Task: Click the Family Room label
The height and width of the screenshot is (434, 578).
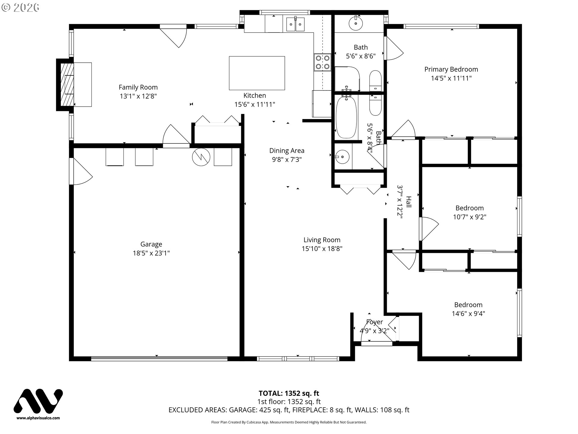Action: tap(138, 87)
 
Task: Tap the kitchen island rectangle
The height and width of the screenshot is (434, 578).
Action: tap(257, 73)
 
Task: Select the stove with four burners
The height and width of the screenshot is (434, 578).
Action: tap(323, 62)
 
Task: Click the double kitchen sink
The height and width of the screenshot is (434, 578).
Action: tap(296, 24)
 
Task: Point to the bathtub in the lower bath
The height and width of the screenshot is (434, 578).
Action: tap(346, 117)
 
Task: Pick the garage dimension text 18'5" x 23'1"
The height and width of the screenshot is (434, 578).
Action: tap(151, 253)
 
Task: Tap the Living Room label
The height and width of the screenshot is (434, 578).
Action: tap(322, 240)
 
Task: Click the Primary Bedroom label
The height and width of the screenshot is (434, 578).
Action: tap(451, 69)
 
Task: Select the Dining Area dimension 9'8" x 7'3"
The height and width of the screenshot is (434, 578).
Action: tap(287, 159)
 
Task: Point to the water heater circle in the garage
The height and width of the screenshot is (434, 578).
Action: tap(201, 157)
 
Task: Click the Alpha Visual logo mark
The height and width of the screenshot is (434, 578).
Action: tap(38, 401)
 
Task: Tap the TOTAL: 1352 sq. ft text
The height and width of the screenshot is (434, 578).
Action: tap(289, 393)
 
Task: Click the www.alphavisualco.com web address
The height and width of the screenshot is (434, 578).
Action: tap(38, 418)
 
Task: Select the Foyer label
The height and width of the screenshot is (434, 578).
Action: tap(374, 322)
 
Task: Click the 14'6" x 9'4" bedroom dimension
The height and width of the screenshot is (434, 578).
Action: tap(468, 314)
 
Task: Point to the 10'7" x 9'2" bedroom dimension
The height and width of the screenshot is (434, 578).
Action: tap(469, 217)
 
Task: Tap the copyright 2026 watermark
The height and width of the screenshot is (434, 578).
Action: tap(20, 7)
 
